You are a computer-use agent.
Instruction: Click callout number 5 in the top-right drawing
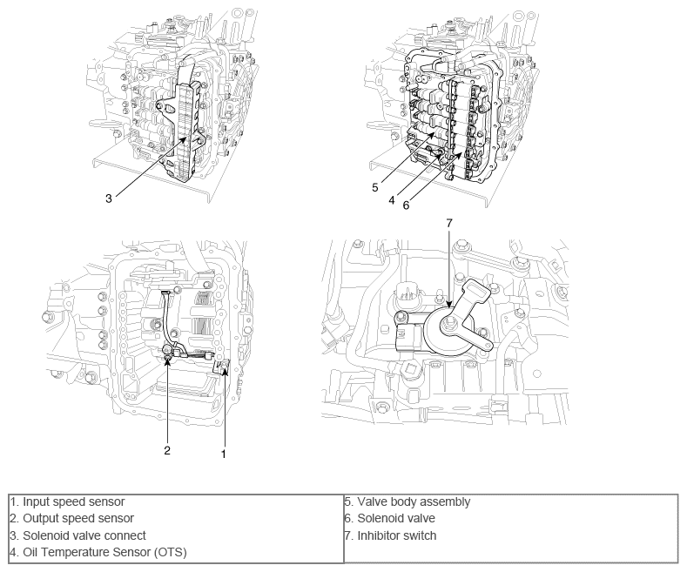click(375, 186)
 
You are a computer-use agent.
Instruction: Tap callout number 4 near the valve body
click(393, 199)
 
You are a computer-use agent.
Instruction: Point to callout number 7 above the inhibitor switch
click(449, 224)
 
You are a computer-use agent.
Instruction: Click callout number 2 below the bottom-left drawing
click(167, 450)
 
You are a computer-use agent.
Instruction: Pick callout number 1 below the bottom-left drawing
click(225, 454)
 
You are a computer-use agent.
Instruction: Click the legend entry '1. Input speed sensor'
click(68, 501)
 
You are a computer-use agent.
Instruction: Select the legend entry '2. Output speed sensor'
click(72, 518)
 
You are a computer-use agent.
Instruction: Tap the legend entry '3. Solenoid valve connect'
click(78, 535)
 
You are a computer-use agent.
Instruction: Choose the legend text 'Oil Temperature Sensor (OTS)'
click(104, 552)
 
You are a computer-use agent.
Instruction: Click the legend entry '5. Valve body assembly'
click(407, 501)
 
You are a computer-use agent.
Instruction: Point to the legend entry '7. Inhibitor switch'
click(390, 535)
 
